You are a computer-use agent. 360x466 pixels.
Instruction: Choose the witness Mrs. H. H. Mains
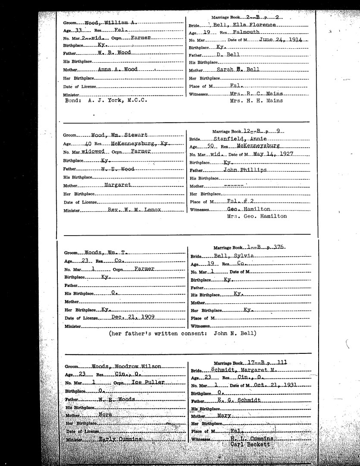(x=256, y=101)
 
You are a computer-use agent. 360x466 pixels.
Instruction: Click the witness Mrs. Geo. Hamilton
(x=257, y=216)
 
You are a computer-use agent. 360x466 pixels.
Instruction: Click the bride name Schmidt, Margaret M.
(x=246, y=370)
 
